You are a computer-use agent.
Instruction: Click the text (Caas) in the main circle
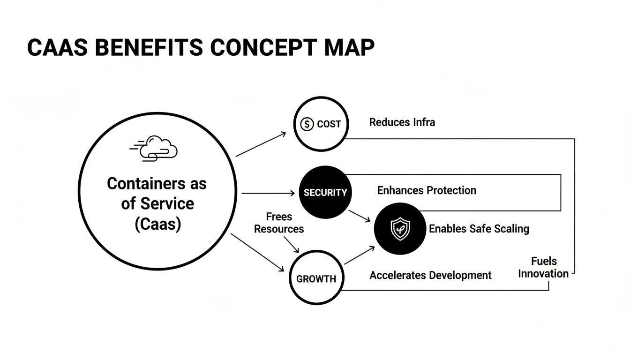tap(157, 224)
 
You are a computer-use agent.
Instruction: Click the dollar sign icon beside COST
tap(307, 124)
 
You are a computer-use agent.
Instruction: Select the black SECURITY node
tap(325, 192)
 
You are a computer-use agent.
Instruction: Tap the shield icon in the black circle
tap(400, 229)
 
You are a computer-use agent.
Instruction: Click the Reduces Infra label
tap(402, 122)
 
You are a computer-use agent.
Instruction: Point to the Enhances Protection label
tap(427, 190)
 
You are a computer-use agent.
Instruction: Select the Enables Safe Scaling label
tap(479, 229)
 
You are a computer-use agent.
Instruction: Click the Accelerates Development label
tap(430, 275)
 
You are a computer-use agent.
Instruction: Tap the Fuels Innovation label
tap(543, 267)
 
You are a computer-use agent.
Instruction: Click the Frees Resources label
tap(279, 223)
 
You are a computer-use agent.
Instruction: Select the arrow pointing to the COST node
tap(261, 144)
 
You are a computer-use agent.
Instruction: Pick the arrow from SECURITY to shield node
tap(360, 215)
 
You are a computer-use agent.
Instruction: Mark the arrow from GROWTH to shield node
tap(360, 255)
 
